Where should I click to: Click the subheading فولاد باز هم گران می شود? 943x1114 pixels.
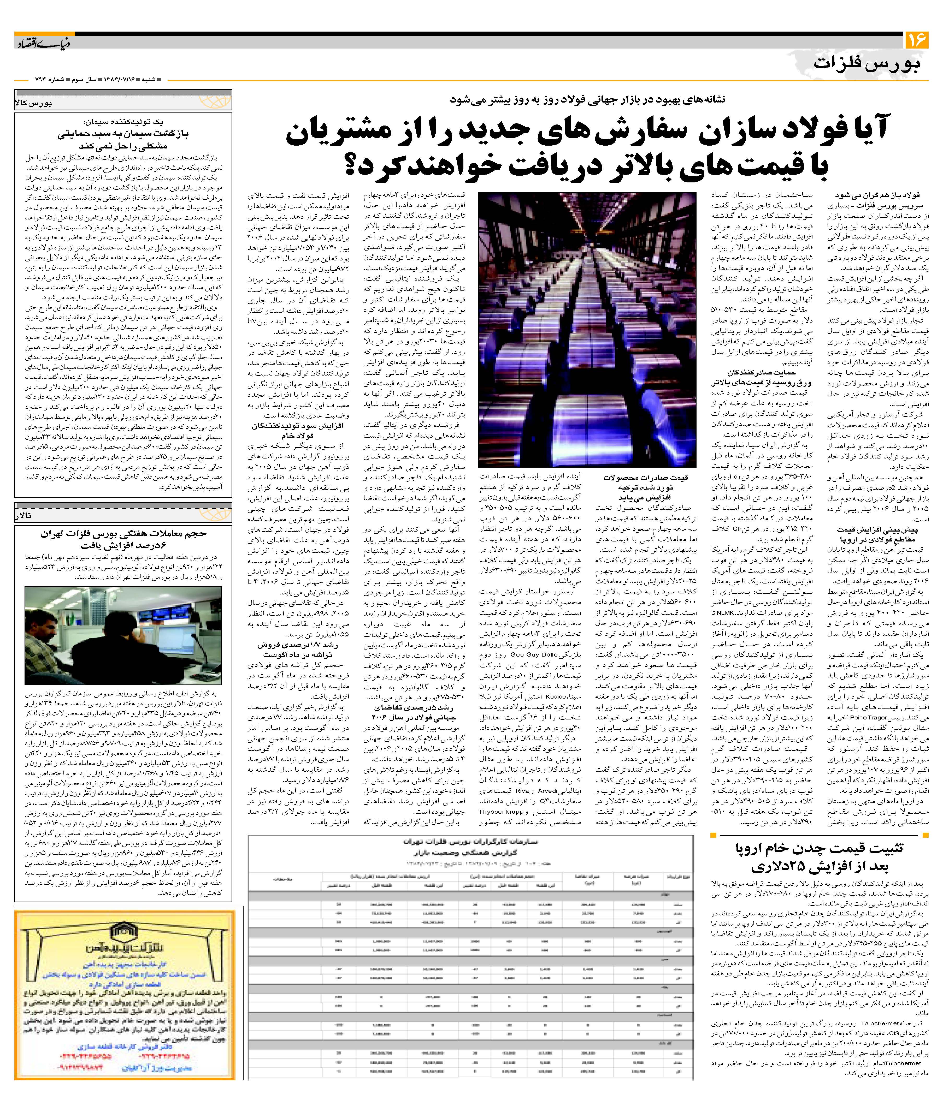(887, 195)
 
